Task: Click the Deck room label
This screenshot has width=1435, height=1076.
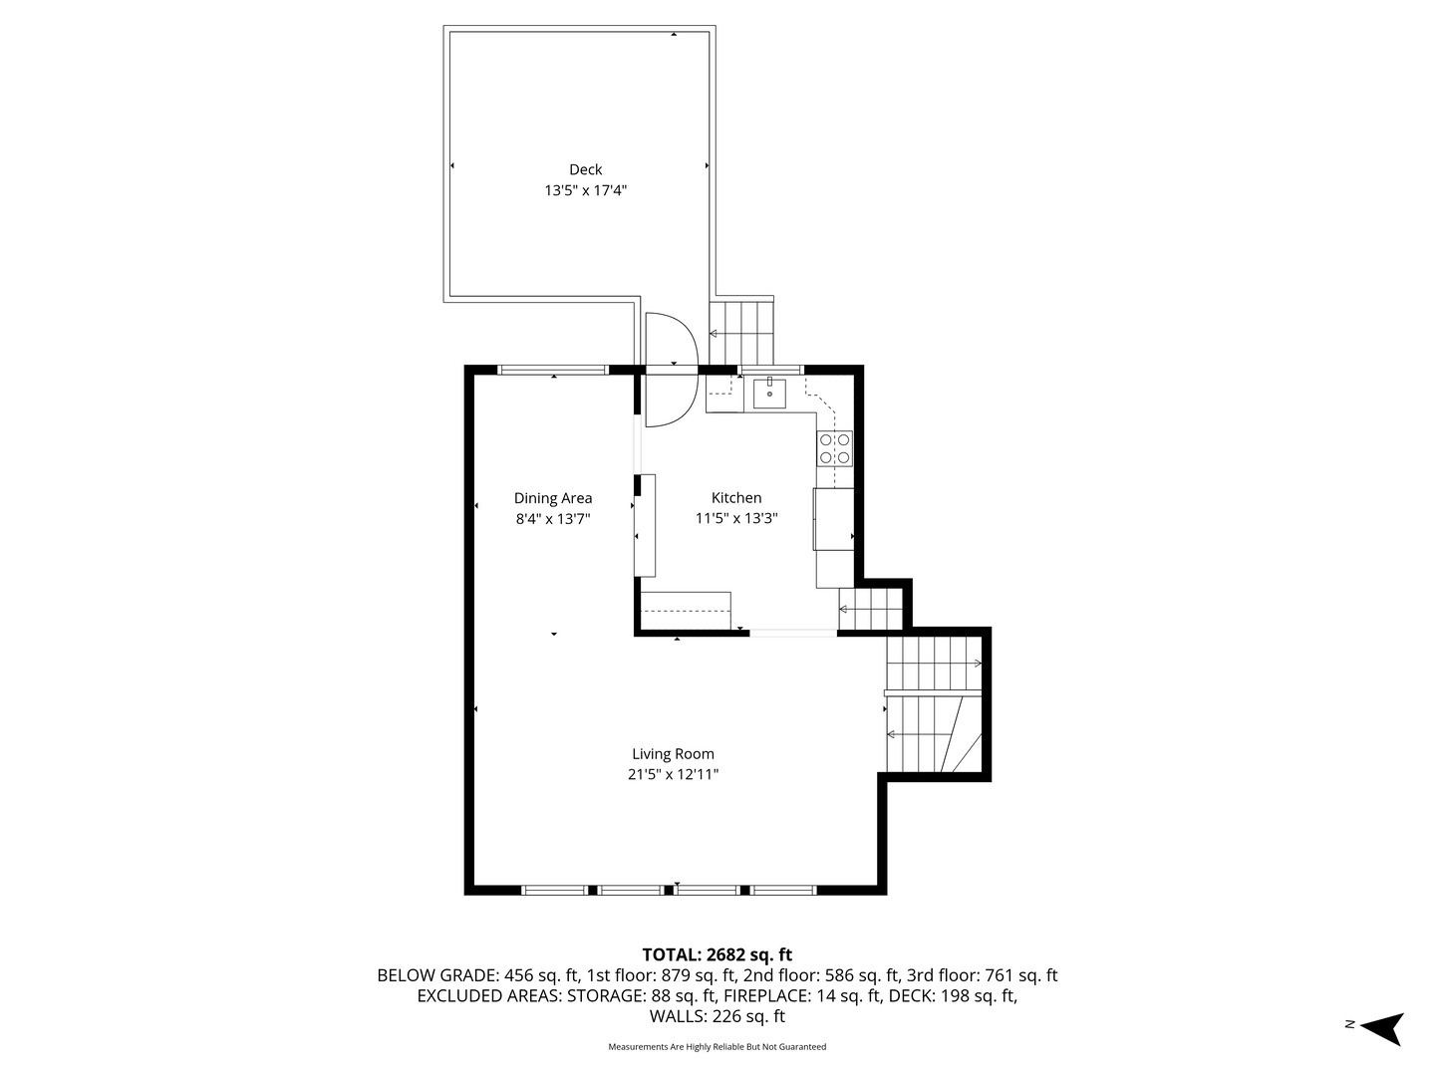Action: pos(585,169)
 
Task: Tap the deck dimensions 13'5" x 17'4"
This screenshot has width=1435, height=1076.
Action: pos(585,190)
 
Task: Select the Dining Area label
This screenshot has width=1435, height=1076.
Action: pos(553,498)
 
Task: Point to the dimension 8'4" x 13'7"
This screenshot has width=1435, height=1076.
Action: pos(553,518)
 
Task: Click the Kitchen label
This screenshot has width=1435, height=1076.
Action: pos(736,498)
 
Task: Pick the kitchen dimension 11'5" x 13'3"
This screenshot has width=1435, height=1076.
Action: pos(736,518)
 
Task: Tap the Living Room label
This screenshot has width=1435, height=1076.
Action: pos(673,754)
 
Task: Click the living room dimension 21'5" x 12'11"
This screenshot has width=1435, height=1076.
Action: pos(673,774)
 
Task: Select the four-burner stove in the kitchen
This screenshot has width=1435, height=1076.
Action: pos(835,448)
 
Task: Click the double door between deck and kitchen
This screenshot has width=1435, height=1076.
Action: pos(670,370)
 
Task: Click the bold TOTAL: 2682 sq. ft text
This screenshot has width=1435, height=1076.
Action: pos(717,954)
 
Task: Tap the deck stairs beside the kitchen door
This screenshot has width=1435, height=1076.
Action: pos(741,333)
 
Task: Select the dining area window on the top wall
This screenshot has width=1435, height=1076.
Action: pos(553,370)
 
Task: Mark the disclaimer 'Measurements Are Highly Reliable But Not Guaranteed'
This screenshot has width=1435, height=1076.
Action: pos(717,1047)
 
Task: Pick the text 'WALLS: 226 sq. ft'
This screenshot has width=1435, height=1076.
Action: pos(717,1017)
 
